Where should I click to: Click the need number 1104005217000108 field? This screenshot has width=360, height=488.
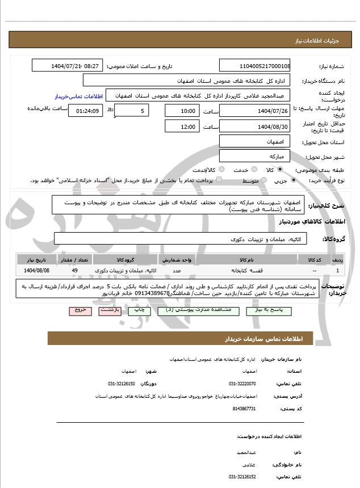(x=255, y=66)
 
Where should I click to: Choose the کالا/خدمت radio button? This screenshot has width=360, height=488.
(x=221, y=169)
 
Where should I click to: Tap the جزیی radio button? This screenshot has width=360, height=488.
(x=293, y=180)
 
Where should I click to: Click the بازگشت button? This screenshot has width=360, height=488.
(x=108, y=311)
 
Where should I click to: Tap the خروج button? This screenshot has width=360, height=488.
(x=80, y=311)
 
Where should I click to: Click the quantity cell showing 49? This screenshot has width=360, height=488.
(x=75, y=271)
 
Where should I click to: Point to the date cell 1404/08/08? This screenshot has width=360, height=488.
(x=37, y=271)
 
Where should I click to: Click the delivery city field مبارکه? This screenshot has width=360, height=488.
(x=255, y=155)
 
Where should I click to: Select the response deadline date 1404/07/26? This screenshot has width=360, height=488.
(x=255, y=111)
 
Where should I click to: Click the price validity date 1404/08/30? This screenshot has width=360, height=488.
(x=255, y=126)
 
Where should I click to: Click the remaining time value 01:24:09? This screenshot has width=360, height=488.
(x=85, y=111)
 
